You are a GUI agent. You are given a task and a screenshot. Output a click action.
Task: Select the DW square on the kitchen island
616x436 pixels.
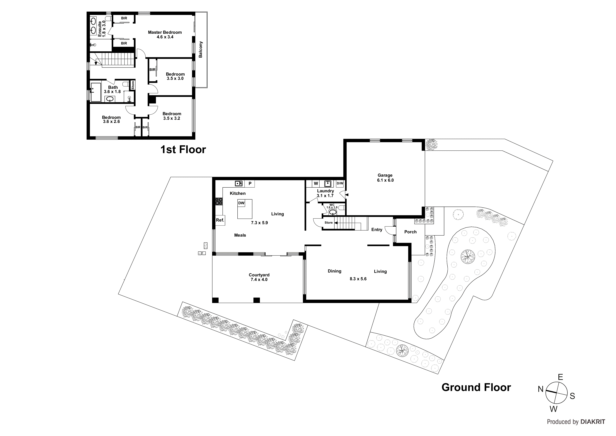tap(241, 203)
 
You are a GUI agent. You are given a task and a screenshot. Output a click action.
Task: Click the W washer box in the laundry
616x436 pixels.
tap(316, 184)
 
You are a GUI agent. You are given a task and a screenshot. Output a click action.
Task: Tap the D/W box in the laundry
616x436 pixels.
tap(340, 184)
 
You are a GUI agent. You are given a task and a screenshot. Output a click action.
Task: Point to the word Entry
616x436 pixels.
tap(377, 230)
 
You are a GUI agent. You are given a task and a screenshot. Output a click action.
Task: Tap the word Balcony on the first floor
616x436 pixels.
tap(201, 50)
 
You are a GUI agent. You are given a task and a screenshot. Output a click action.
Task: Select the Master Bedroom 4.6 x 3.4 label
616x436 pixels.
tap(165, 35)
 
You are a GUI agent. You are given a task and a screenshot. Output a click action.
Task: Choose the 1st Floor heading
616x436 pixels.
tap(183, 150)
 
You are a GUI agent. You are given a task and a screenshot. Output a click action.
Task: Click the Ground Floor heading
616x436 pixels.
tap(476, 387)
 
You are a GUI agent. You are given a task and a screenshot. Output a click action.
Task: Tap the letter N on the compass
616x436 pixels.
tap(540, 389)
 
